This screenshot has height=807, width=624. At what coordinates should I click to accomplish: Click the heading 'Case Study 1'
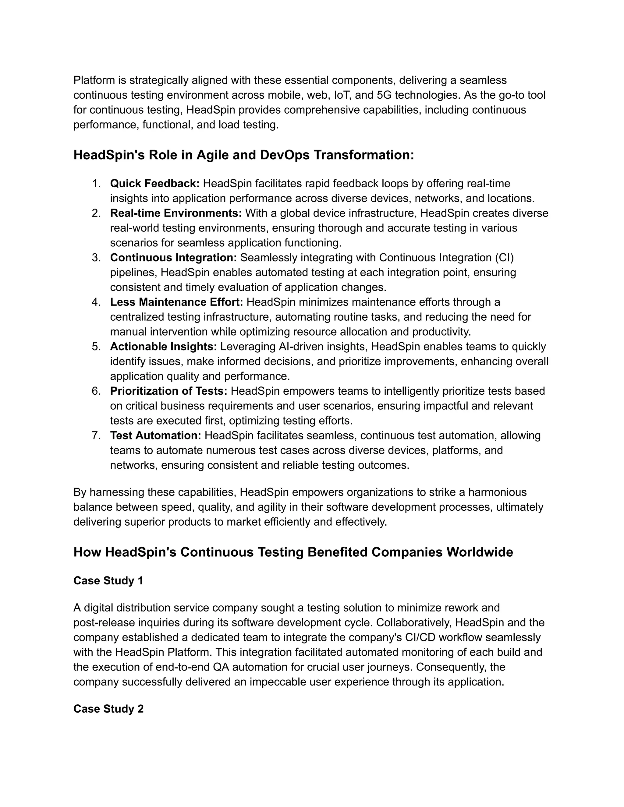click(108, 580)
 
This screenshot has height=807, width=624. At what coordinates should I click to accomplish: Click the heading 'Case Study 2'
click(108, 709)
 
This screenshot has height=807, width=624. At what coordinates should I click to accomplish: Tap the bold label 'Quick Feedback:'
click(154, 183)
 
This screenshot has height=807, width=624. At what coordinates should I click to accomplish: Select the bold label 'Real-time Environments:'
click(175, 213)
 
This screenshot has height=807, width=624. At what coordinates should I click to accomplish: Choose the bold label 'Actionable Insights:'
click(163, 347)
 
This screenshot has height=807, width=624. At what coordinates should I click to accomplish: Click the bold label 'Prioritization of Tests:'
click(168, 391)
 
